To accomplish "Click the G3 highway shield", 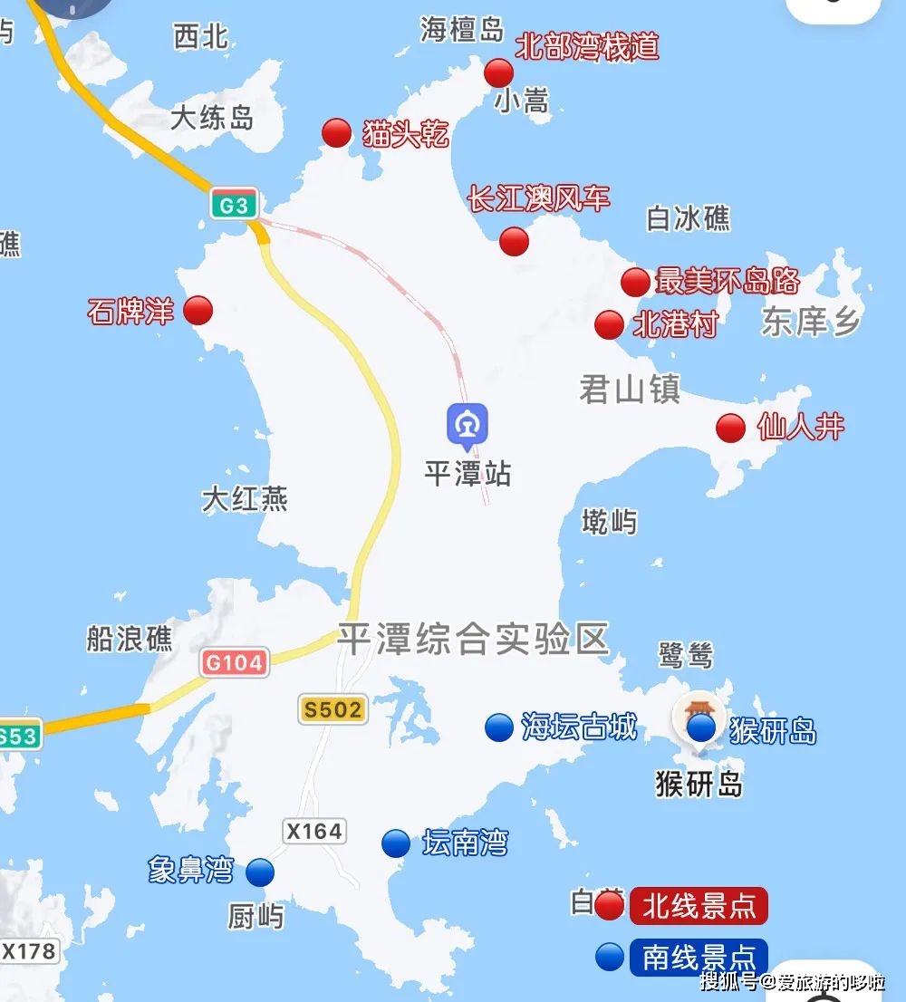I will coord(234,206).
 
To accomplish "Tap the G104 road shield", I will coord(234,663).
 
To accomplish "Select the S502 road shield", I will coord(333,709).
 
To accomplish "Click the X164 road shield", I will coord(314,831).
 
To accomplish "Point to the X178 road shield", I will coord(30,951).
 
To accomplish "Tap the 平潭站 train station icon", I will coord(467,425).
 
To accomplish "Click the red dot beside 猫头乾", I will coord(336,133).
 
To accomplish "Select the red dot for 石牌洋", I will coord(198,311).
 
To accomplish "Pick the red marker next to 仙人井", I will coord(730,428).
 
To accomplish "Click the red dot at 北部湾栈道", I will coord(498,72).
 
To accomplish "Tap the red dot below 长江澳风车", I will coord(514,241).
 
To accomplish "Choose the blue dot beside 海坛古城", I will coord(498,727).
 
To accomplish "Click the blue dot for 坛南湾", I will coord(395,843).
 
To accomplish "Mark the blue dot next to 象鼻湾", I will coord(260,872).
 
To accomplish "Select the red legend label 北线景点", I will coord(699,906).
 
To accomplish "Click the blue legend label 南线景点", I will coord(699,957).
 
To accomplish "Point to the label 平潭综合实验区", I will coord(473,639).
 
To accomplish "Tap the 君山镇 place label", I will coord(630,390).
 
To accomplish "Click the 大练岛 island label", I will coord(212,118).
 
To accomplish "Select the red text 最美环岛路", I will coord(728,281).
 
